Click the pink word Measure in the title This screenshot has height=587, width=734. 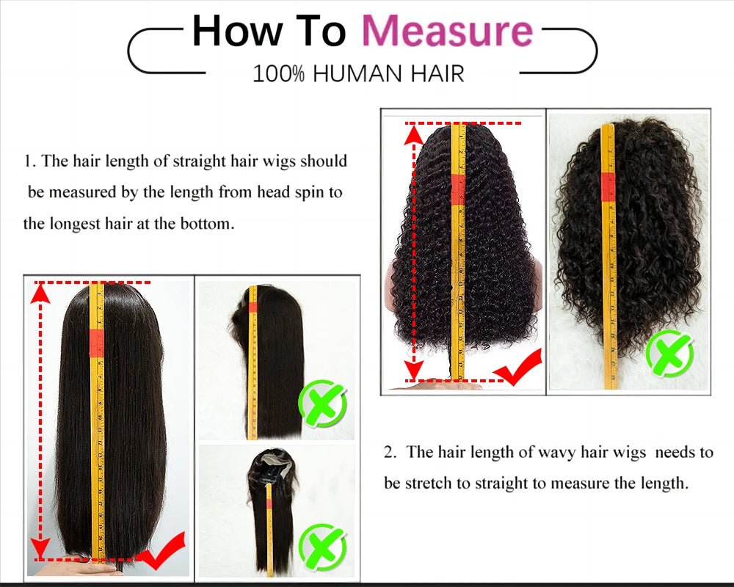[x=447, y=32]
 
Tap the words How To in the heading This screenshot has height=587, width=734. [x=269, y=32]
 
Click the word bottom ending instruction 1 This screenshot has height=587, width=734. [x=206, y=224]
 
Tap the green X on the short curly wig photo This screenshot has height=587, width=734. [x=669, y=354]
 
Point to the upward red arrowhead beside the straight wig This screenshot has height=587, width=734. [x=41, y=293]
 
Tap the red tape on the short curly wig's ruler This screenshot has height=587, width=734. [x=608, y=186]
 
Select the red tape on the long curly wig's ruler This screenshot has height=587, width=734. [x=459, y=189]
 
